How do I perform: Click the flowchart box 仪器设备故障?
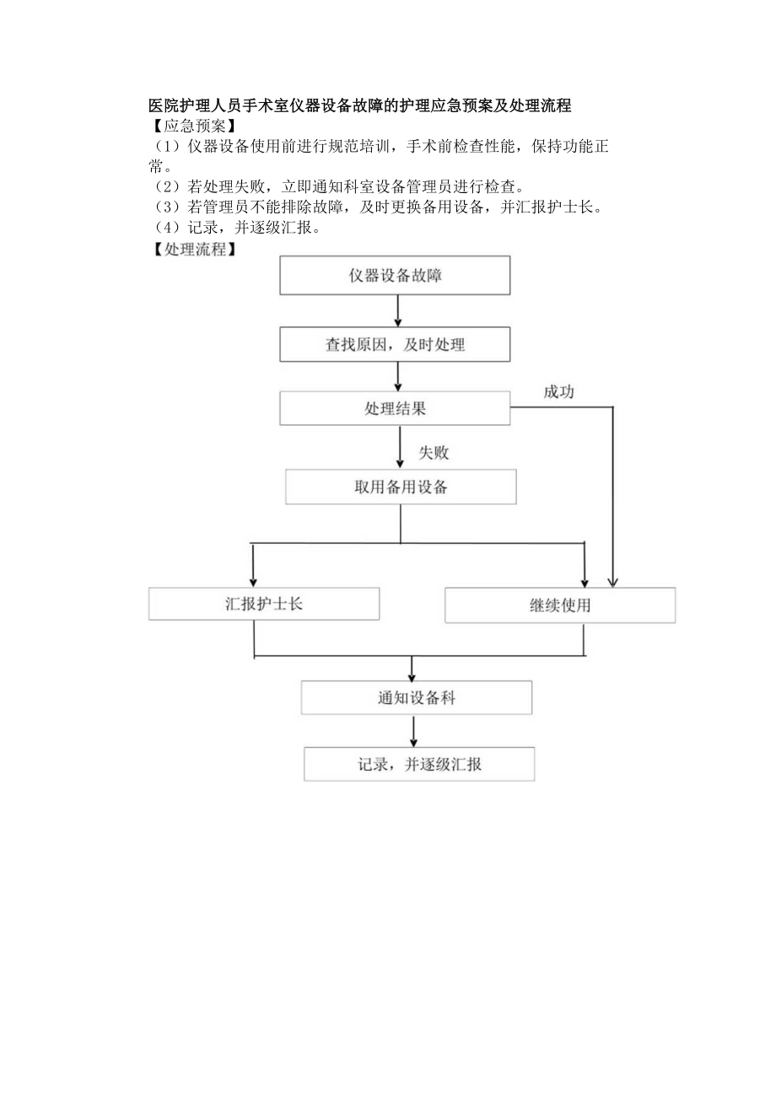tap(395, 276)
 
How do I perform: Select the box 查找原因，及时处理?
tap(395, 344)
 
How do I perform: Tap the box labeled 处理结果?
tap(395, 409)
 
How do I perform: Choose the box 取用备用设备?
tap(401, 487)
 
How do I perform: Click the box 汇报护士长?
tap(264, 604)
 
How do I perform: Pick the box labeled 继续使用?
tap(560, 605)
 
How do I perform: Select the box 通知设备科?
tap(417, 697)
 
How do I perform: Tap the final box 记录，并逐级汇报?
tap(418, 764)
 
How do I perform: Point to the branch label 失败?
tap(434, 453)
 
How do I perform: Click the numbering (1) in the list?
tap(165, 147)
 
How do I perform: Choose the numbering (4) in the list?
tap(165, 229)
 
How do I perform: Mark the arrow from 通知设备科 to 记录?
tap(412, 730)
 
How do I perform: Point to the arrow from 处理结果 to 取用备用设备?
tap(400, 447)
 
